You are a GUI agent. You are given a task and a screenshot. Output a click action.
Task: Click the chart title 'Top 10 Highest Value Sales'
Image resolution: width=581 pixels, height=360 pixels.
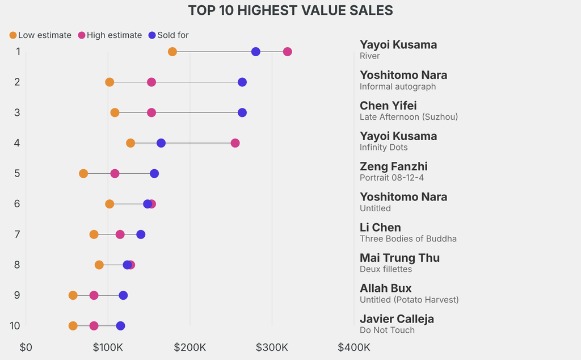click(290, 10)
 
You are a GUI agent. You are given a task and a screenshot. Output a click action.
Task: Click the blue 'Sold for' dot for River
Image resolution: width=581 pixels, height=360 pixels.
click(256, 52)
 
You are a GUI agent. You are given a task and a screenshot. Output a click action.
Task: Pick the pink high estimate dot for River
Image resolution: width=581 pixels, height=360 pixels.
click(288, 52)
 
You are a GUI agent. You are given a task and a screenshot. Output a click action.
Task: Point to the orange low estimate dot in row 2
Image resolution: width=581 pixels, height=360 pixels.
click(110, 82)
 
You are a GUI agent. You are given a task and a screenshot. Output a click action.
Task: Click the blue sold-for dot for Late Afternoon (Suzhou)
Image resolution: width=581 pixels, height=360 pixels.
click(242, 112)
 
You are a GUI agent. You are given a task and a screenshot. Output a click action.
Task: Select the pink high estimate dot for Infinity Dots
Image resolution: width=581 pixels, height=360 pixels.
click(235, 143)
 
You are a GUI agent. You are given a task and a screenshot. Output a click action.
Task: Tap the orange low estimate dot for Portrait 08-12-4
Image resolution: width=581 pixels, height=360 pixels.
click(83, 173)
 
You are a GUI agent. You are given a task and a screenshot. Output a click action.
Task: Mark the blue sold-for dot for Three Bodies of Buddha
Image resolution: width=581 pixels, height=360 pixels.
click(141, 235)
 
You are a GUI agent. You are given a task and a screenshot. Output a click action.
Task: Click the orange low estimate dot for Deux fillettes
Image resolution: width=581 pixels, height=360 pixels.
click(99, 265)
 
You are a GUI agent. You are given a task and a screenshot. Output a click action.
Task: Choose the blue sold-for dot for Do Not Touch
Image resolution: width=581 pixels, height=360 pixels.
click(120, 326)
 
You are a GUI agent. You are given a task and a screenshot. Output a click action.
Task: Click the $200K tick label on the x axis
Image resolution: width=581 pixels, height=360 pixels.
click(190, 347)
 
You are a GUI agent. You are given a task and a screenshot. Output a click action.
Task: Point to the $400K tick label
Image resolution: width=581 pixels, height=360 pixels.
click(354, 347)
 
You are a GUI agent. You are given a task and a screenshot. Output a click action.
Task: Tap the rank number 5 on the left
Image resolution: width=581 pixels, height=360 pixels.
click(17, 173)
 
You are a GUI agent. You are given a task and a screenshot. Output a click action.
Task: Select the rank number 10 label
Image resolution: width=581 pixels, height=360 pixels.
click(15, 326)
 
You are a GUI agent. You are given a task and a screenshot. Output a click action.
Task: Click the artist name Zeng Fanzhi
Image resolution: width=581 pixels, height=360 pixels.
click(394, 166)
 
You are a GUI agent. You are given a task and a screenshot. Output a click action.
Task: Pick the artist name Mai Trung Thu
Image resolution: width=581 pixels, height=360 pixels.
click(399, 258)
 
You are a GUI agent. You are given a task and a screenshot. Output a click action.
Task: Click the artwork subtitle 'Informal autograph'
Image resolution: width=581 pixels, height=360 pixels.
click(398, 86)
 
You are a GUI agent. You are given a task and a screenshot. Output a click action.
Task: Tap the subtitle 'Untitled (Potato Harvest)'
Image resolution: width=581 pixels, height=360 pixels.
click(409, 299)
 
